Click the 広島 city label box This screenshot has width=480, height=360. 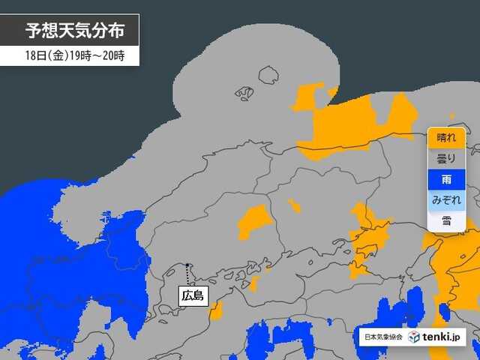click(193, 295)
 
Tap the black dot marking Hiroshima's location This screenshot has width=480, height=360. click(187, 265)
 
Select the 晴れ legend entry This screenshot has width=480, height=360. click(446, 138)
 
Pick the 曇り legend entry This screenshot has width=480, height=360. click(446, 159)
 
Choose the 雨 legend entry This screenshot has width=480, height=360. click(446, 180)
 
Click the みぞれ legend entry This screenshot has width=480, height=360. click(446, 200)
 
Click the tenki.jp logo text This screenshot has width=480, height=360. click(444, 337)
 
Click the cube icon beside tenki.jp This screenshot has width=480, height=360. click(414, 337)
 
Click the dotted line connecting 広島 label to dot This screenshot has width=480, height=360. click(187, 276)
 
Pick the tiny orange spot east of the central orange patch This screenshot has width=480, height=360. click(293, 205)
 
